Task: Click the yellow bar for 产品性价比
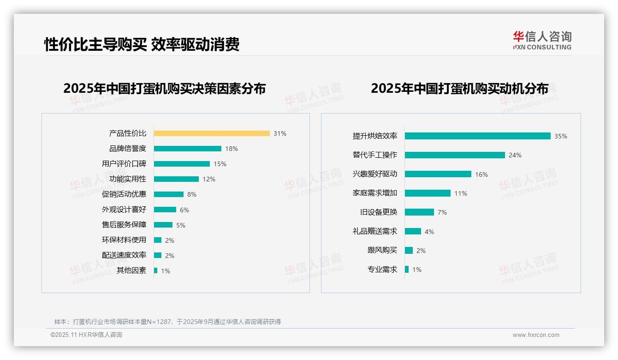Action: tap(212, 133)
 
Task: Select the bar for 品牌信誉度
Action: tap(187, 149)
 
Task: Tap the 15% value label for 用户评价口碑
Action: tap(220, 164)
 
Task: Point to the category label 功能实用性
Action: tap(128, 179)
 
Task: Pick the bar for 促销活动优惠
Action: tap(168, 194)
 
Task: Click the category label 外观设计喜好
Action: tap(124, 210)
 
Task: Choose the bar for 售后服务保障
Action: tap(163, 225)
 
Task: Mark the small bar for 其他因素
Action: tap(155, 270)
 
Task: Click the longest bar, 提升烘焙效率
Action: tap(477, 136)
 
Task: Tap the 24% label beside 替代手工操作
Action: tap(515, 155)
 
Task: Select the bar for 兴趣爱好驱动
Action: tap(438, 174)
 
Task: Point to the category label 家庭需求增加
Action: tap(375, 193)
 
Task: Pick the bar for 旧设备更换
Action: tap(419, 212)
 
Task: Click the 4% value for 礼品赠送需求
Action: tap(429, 231)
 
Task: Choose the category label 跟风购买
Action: tap(382, 250)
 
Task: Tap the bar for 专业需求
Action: tap(407, 269)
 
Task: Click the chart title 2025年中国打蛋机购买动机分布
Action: tap(459, 88)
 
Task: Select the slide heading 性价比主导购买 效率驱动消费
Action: tap(142, 44)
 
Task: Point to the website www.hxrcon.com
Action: tap(536, 335)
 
